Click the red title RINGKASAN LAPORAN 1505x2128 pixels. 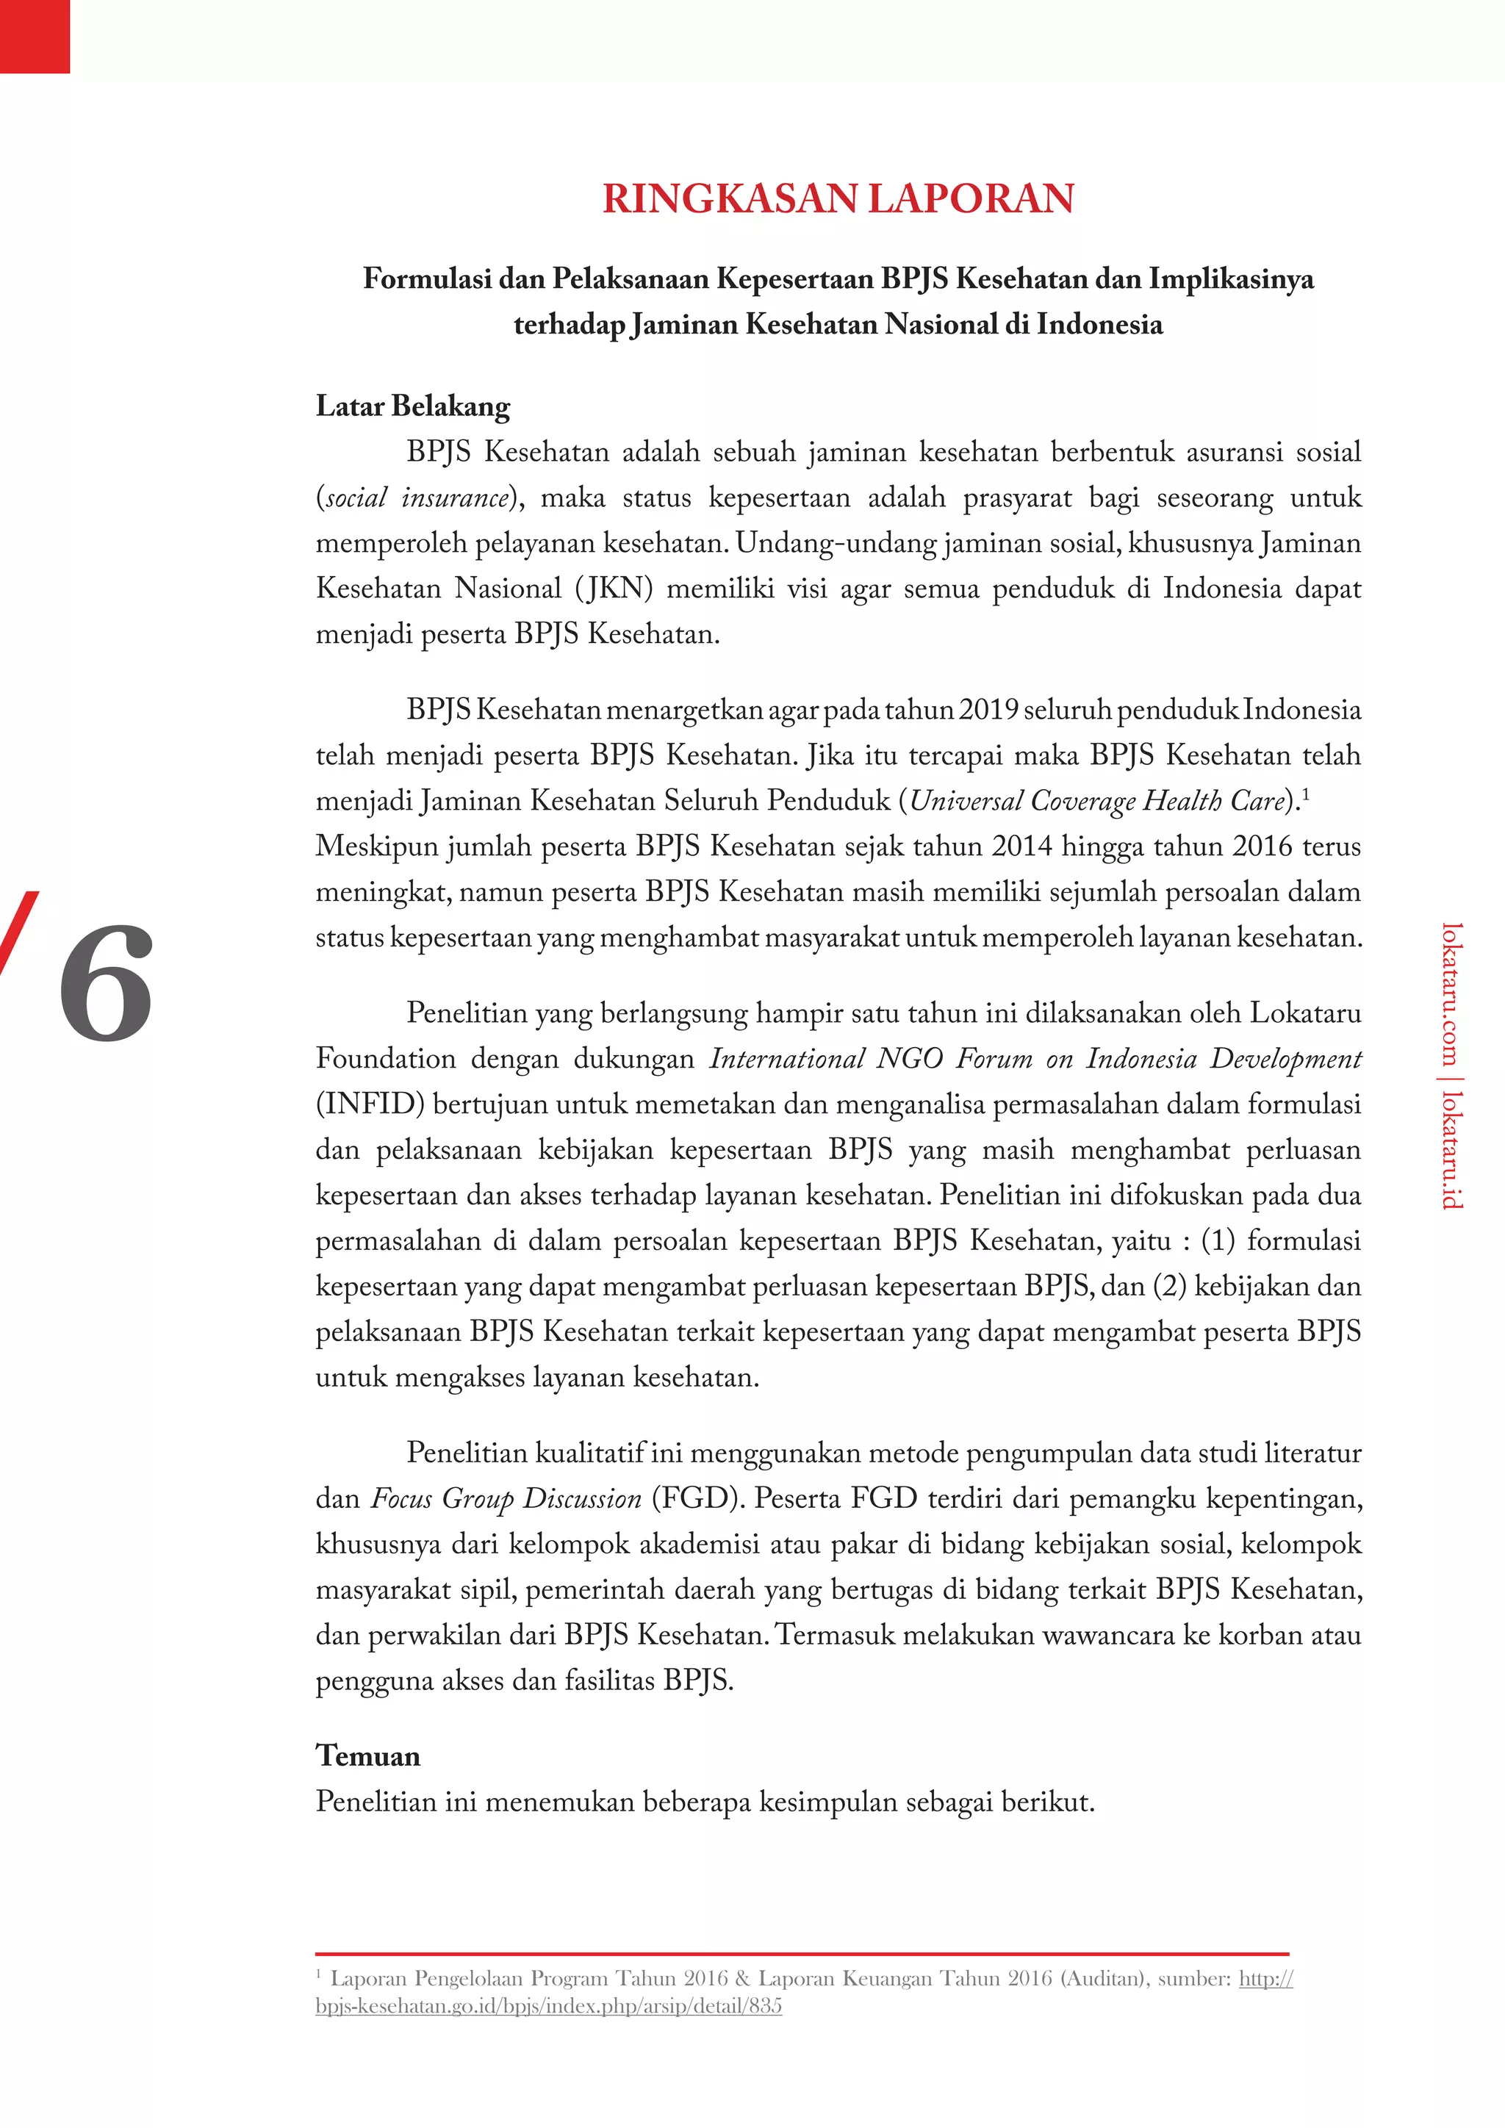point(838,199)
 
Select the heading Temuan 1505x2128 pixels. point(368,1755)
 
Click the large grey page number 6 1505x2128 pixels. point(106,982)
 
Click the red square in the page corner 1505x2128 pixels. point(35,36)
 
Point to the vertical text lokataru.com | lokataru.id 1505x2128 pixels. point(1452,1066)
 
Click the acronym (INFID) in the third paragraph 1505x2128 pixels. point(370,1104)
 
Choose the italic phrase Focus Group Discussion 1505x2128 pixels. point(506,1499)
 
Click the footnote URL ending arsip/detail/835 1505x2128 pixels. point(549,2007)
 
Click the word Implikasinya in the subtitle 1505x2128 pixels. point(1232,278)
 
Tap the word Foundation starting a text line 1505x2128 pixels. point(384,1058)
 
